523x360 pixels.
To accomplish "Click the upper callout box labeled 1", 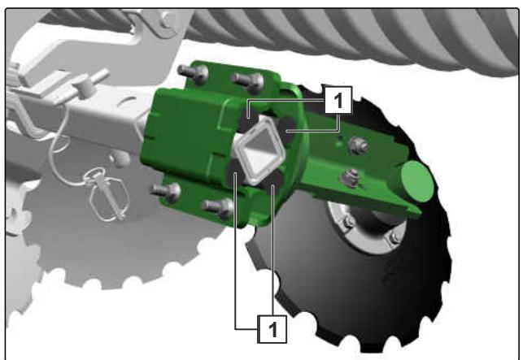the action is click(338, 100).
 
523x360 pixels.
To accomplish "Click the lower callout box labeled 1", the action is click(272, 329).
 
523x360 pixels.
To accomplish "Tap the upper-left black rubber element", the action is click(249, 119).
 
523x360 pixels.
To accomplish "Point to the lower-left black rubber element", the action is click(237, 171).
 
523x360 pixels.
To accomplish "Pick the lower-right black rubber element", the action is click(272, 181).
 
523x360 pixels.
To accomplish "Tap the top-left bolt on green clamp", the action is click(193, 73).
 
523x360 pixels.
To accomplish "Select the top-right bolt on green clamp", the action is click(249, 82).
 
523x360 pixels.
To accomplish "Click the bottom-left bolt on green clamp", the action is click(166, 192).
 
